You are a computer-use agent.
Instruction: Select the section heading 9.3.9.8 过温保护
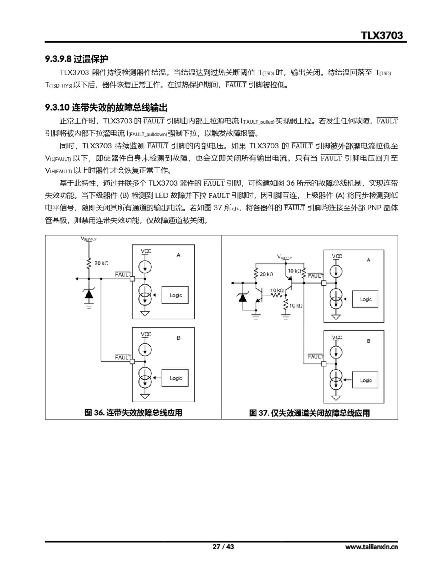(x=76, y=59)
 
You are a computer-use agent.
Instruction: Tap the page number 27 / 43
(x=223, y=547)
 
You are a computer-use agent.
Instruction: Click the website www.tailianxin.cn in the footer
(x=371, y=547)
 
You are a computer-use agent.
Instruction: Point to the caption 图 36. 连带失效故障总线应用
(x=133, y=413)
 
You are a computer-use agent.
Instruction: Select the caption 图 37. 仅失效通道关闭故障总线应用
(x=309, y=413)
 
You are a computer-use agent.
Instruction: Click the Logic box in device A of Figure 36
(x=175, y=295)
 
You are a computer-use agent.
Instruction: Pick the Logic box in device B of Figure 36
(x=175, y=378)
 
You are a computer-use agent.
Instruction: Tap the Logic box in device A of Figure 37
(x=365, y=299)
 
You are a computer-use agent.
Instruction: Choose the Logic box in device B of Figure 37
(x=365, y=380)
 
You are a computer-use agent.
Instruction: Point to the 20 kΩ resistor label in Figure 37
(x=267, y=274)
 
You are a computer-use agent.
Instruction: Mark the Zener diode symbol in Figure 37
(x=242, y=297)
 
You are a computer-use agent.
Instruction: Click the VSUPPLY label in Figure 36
(x=88, y=239)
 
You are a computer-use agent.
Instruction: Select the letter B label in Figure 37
(x=368, y=341)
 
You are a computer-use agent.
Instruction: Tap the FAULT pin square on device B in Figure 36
(x=132, y=361)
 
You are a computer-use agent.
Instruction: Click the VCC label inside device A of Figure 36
(x=146, y=251)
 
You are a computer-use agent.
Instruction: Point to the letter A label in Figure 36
(x=178, y=255)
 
